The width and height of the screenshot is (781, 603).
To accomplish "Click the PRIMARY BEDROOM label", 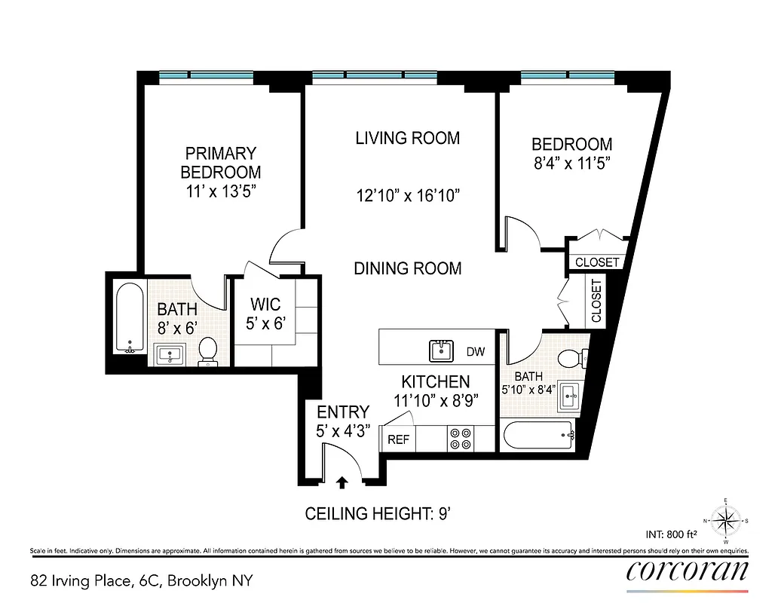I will click(220, 162).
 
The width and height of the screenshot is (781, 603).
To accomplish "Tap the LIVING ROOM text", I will click(407, 138).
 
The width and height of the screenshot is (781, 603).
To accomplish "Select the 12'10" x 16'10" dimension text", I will click(408, 196).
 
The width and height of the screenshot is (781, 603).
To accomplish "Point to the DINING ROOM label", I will click(407, 268).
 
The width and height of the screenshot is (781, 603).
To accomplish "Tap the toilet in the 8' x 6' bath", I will click(207, 352).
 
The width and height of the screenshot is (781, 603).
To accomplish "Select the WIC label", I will click(265, 305).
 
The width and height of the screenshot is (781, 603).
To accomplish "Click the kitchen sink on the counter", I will click(441, 350).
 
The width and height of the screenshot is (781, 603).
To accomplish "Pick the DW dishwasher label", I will click(476, 351).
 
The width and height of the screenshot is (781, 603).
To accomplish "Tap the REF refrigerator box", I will click(398, 439).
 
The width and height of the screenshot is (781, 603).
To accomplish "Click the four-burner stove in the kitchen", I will click(461, 439).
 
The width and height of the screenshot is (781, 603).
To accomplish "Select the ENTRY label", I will click(343, 412).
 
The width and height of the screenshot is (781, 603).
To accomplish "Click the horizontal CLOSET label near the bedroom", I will click(597, 262).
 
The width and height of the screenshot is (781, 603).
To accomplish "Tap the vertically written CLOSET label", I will click(597, 301).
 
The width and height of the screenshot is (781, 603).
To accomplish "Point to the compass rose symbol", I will click(725, 520).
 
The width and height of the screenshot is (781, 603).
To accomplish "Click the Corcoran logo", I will click(688, 571).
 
